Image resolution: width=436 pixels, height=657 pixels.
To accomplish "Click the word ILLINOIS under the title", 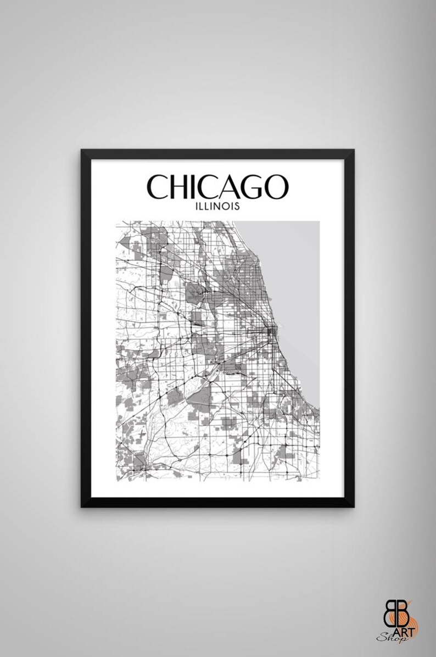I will [218, 208].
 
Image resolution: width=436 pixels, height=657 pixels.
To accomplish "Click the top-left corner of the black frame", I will [83, 151].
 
